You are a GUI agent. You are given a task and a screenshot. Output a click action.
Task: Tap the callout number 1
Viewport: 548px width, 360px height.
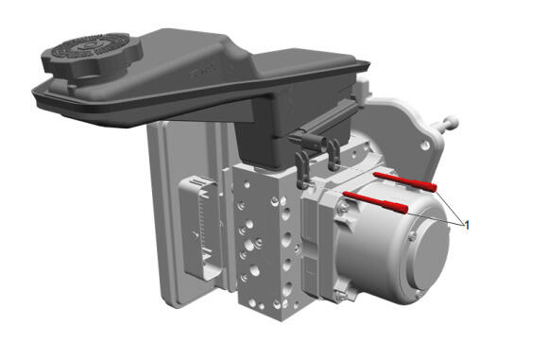pos(466,225)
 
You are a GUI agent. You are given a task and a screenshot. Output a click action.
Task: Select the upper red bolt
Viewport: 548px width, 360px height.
pos(405,181)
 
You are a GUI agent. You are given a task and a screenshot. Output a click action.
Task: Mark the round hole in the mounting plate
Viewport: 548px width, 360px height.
pos(425,145)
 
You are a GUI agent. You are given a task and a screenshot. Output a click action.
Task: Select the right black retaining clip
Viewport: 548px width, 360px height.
pos(334,154)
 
